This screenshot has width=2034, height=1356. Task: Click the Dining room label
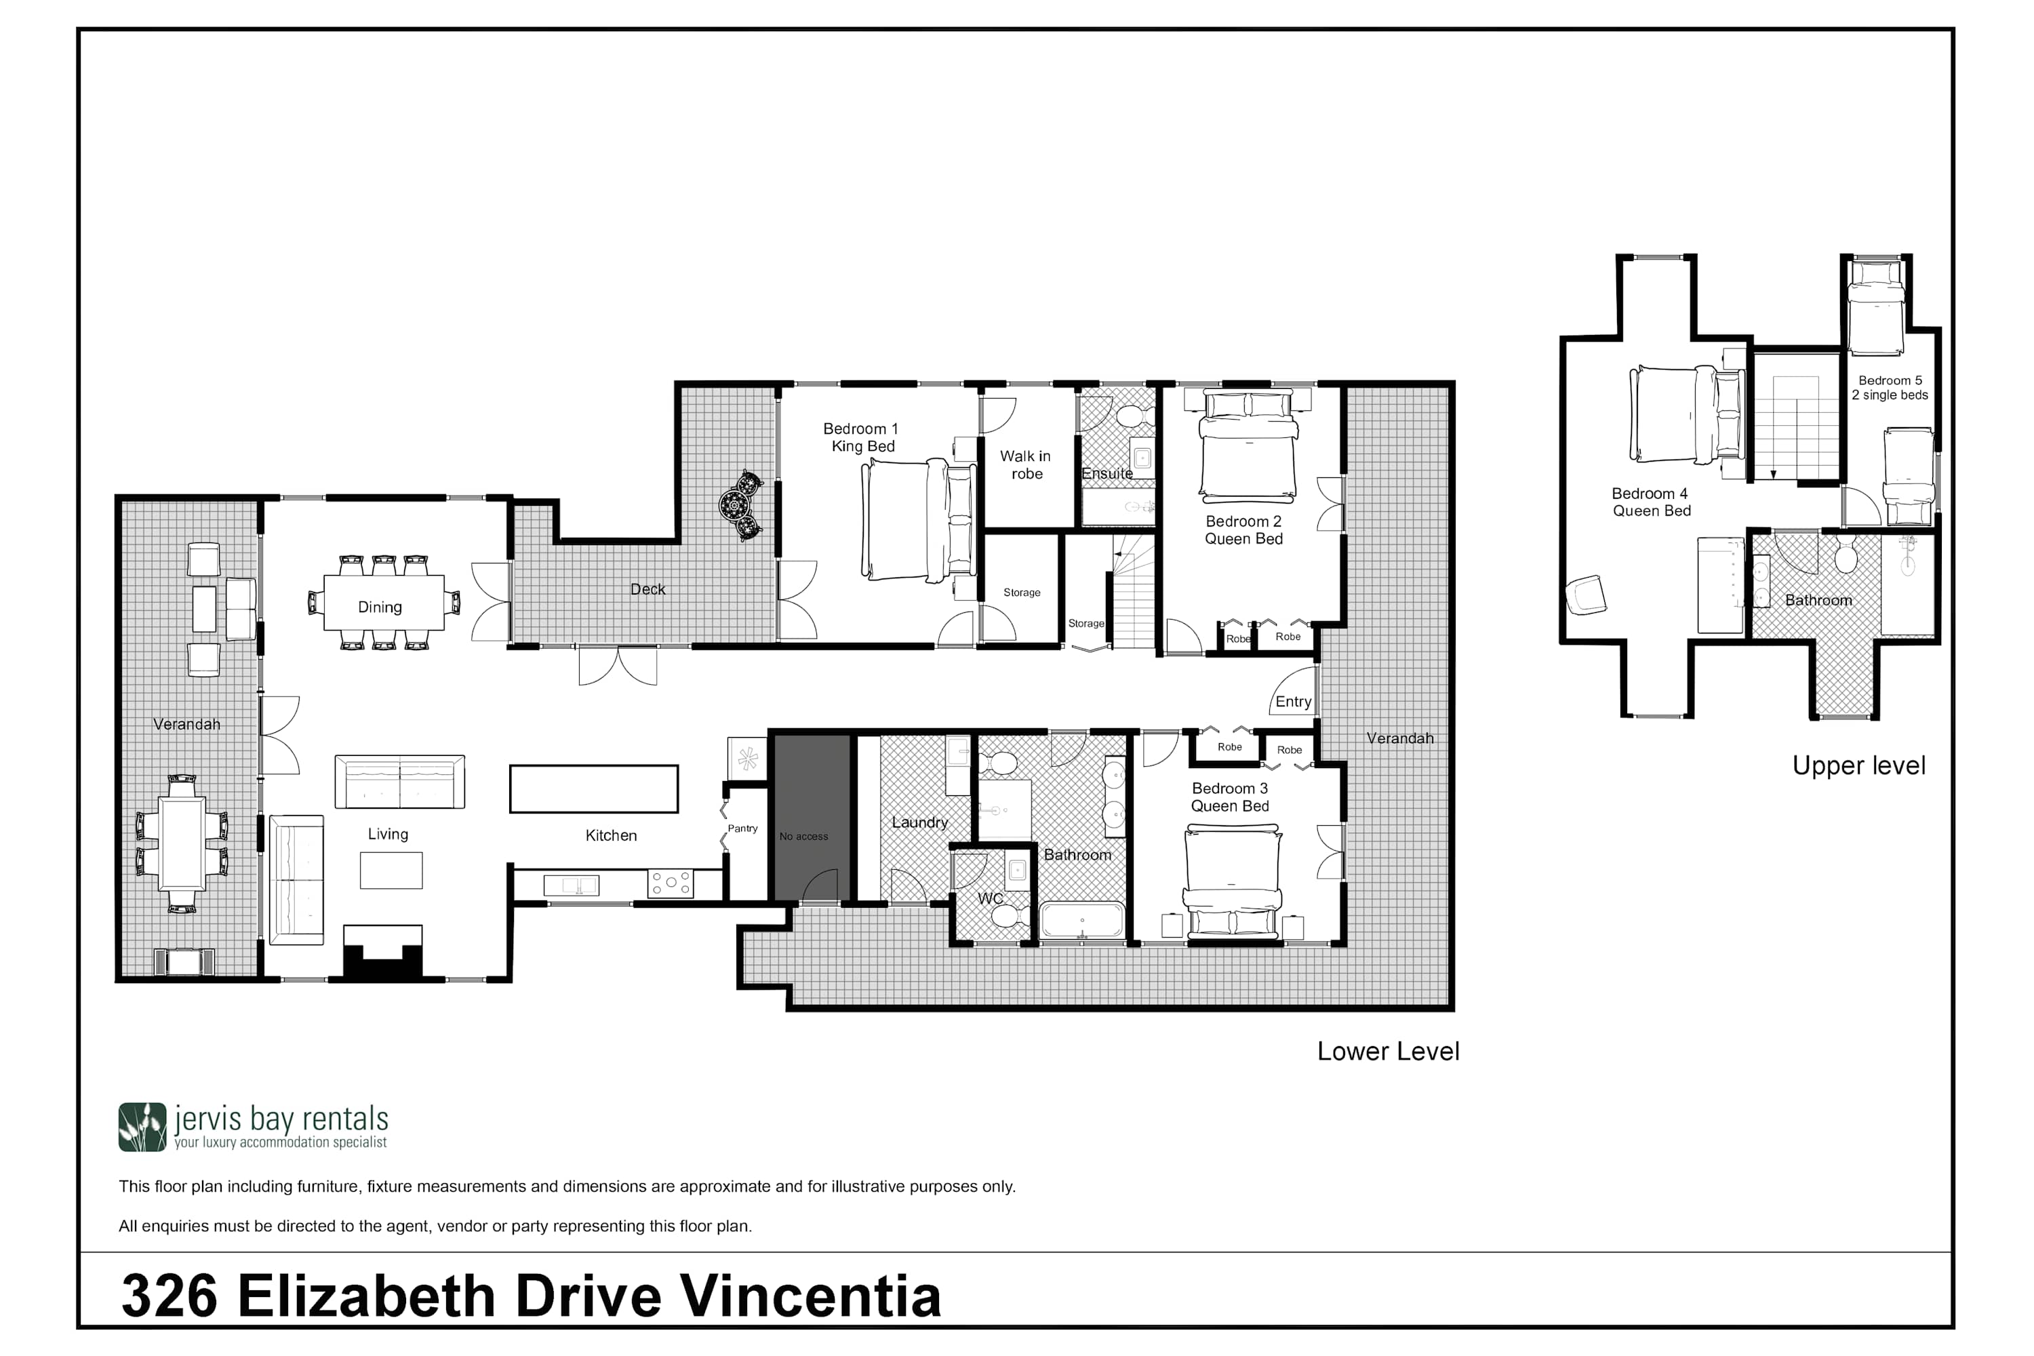[x=380, y=607]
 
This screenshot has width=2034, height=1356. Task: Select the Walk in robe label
[x=1026, y=464]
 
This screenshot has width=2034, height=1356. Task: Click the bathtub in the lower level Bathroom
[x=1082, y=919]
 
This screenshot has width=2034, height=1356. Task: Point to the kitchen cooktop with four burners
[x=671, y=883]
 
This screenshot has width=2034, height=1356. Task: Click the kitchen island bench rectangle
[x=593, y=789]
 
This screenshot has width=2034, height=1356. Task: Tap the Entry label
[x=1293, y=701]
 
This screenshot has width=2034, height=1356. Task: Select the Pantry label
[x=742, y=828]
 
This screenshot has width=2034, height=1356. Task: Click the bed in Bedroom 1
[x=919, y=520]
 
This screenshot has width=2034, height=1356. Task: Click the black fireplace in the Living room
[x=383, y=952]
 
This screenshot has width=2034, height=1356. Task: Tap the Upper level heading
[x=1858, y=765]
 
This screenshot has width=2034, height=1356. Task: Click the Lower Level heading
[x=1388, y=1051]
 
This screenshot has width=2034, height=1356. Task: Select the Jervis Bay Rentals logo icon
[x=142, y=1127]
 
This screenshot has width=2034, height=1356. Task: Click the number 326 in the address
[x=169, y=1296]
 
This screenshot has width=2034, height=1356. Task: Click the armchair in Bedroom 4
[x=1586, y=595]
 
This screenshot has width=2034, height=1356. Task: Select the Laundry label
[x=919, y=822]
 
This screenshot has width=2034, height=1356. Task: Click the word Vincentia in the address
[x=810, y=1296]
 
